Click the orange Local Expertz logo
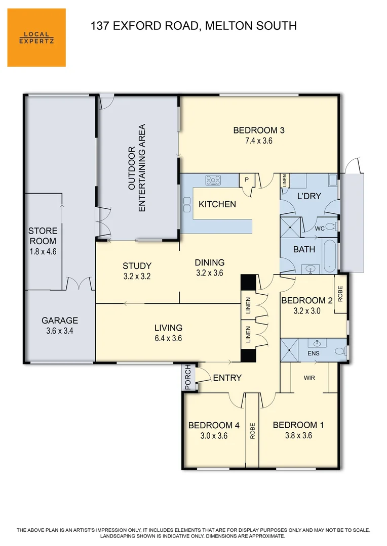(x=36, y=37)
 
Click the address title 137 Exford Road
(x=193, y=26)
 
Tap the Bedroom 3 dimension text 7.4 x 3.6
(x=258, y=141)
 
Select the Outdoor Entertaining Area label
(x=137, y=167)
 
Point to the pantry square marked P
(x=247, y=179)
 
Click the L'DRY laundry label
(x=309, y=196)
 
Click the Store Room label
(x=43, y=236)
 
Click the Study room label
(x=137, y=266)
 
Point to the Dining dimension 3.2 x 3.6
(x=210, y=273)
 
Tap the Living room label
(x=168, y=328)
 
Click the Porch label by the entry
(x=188, y=378)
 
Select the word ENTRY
(x=227, y=378)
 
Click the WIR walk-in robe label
(x=310, y=377)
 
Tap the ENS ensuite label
(x=314, y=353)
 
